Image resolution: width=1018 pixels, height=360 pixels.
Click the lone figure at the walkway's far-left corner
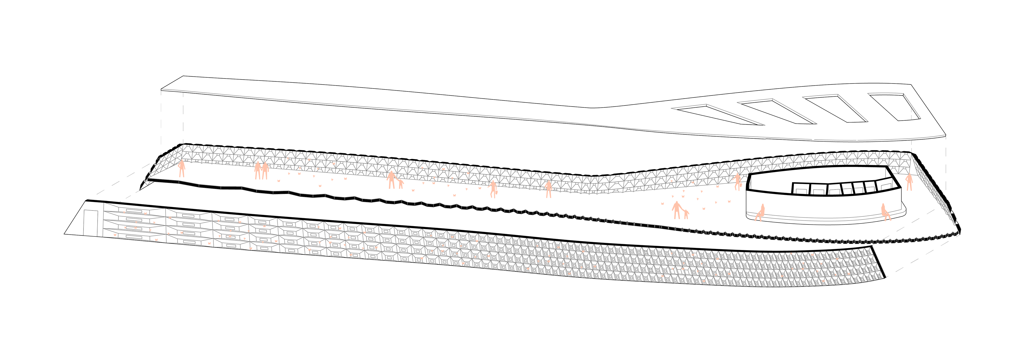point(182,168)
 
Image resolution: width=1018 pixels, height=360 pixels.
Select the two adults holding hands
point(261,170)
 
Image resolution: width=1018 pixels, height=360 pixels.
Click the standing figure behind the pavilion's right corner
point(909,182)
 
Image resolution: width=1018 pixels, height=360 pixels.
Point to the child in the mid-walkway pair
point(401,184)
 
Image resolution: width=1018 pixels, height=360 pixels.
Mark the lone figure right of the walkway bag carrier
point(548,189)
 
